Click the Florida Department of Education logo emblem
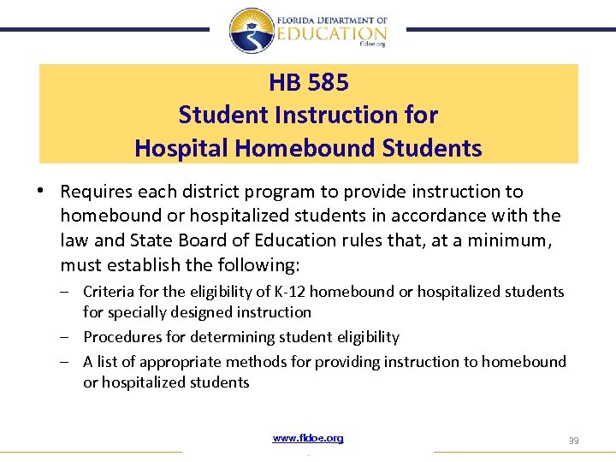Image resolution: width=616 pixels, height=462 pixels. (x=252, y=31)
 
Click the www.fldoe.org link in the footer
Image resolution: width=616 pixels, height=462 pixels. (x=308, y=438)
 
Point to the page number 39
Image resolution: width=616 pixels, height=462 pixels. (x=573, y=440)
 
